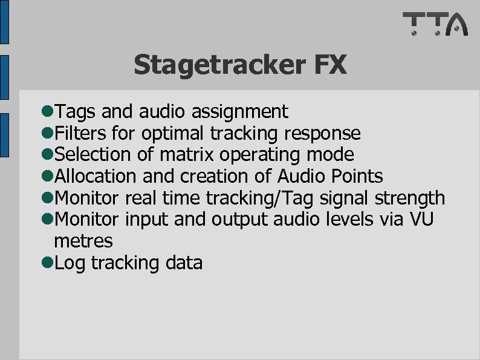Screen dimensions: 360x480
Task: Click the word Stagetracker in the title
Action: [218, 65]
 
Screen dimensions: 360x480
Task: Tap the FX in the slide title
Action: [330, 64]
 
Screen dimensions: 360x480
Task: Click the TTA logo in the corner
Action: [435, 24]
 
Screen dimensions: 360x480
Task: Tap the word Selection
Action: [93, 154]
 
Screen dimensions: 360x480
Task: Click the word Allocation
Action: [96, 176]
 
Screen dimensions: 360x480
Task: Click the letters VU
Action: [421, 219]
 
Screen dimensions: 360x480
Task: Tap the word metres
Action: [83, 241]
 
